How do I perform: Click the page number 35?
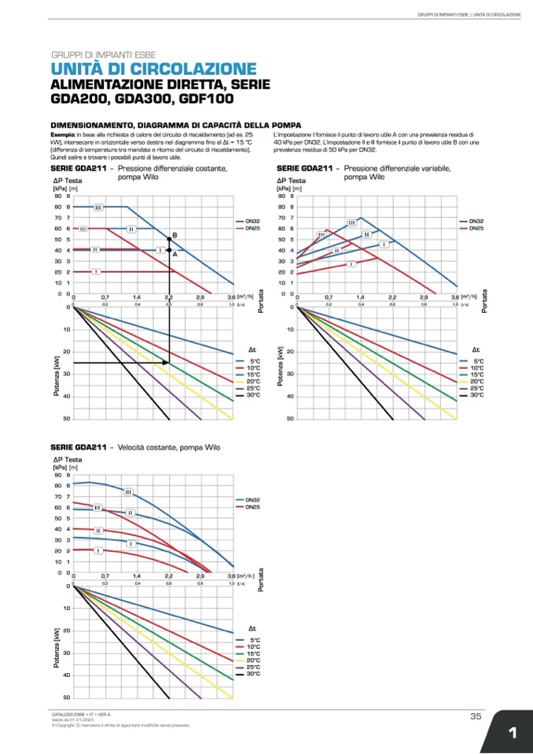(x=476, y=715)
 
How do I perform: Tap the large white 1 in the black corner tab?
(x=512, y=734)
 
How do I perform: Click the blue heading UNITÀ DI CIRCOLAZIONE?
(x=154, y=69)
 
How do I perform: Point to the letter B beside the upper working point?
(x=175, y=235)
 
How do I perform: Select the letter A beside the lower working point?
(x=175, y=255)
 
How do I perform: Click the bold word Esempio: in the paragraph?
(x=63, y=135)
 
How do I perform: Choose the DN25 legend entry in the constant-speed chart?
(x=252, y=507)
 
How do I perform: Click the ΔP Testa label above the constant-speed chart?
(x=68, y=458)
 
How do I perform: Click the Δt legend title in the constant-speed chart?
(x=252, y=629)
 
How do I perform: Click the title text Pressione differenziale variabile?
(x=397, y=168)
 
